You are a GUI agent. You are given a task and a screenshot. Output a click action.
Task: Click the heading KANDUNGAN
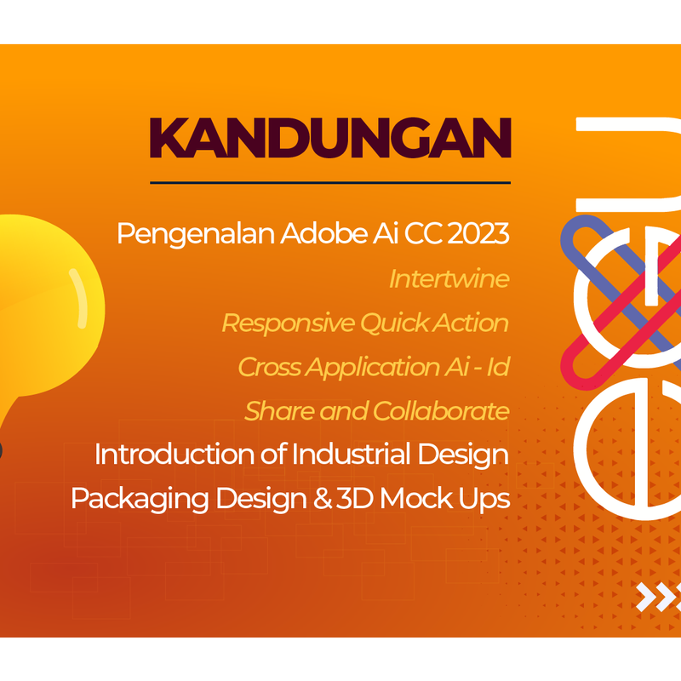pos(330,138)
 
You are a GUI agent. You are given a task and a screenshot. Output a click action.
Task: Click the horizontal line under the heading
pos(330,183)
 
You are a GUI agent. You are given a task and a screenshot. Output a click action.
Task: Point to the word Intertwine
pos(449,278)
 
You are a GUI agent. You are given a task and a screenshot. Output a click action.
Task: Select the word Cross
pos(269,367)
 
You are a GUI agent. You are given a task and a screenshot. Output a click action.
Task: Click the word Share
pos(279,411)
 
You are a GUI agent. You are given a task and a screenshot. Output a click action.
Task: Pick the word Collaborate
pos(441,411)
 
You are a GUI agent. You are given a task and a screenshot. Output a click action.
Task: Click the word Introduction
pos(175,455)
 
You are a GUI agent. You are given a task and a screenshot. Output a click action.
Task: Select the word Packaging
pos(140,499)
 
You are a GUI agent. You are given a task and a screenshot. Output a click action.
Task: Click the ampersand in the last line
pos(323,498)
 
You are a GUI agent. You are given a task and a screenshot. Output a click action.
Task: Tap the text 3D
pos(355,498)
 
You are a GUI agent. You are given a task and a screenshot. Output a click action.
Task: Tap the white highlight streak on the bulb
pos(79,298)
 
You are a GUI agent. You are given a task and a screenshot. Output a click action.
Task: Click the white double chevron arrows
pos(658,597)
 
